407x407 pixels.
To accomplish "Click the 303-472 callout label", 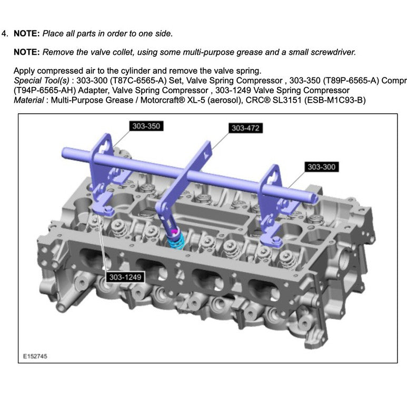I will [x=246, y=128].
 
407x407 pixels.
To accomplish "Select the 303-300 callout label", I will [x=322, y=167].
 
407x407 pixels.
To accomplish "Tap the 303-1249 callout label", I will [x=125, y=277].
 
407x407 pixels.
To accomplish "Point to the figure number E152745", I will [x=35, y=356].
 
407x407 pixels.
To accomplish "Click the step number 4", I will [x=5, y=34].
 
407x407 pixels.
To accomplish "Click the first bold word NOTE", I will [x=26, y=34].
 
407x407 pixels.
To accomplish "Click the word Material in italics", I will [x=29, y=100].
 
